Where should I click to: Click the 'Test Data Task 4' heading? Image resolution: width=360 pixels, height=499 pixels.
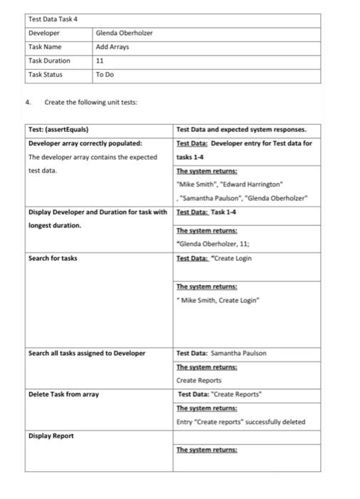(53, 19)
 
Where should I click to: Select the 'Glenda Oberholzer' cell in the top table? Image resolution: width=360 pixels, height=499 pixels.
(124, 34)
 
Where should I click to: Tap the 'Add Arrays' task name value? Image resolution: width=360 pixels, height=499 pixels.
(113, 47)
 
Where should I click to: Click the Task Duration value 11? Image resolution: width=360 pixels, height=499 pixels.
(100, 61)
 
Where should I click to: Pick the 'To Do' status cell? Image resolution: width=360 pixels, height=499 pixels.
(105, 74)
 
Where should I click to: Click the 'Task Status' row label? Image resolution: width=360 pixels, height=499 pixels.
(45, 74)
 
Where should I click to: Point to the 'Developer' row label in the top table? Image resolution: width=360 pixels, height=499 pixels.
(43, 34)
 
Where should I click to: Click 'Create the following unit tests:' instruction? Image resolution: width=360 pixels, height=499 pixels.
(91, 103)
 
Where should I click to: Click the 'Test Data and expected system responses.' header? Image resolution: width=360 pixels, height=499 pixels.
(241, 130)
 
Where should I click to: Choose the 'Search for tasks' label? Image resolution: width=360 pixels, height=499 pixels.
(53, 258)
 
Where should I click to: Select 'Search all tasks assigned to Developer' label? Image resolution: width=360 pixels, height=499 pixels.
(87, 353)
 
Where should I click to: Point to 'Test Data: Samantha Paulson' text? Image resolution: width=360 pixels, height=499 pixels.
(222, 353)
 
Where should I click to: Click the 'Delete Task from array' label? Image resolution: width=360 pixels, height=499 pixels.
(63, 394)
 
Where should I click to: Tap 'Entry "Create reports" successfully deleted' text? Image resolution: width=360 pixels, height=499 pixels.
(240, 422)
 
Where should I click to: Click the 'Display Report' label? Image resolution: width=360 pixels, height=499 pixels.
(51, 436)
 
